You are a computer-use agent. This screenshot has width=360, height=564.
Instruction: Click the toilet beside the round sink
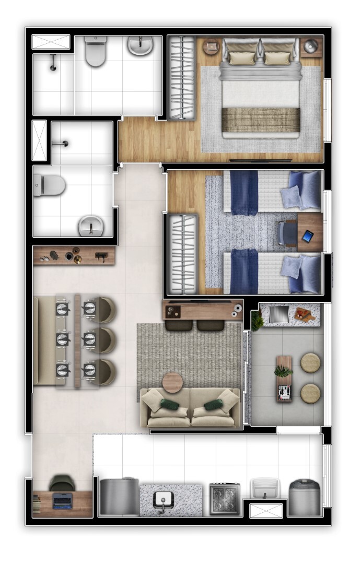[x=96, y=51]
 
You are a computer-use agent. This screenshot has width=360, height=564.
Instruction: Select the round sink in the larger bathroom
[x=140, y=45]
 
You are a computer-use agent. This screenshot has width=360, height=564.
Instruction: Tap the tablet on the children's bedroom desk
[x=308, y=236]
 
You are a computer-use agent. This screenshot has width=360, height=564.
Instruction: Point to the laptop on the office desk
[x=63, y=501]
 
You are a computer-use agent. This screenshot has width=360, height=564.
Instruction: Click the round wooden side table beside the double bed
[x=212, y=47]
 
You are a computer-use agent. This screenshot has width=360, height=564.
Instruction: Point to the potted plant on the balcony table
[x=284, y=372]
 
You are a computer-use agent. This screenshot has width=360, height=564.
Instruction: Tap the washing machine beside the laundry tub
[x=305, y=498]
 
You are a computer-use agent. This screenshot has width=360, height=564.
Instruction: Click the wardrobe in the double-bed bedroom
[x=182, y=77]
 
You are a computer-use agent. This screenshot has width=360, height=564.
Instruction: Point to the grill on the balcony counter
[x=278, y=313]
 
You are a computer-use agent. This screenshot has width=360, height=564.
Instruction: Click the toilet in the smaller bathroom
[x=50, y=185]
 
